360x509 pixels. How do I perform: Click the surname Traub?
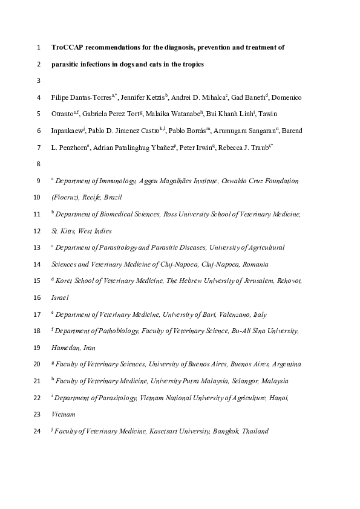coord(257,148)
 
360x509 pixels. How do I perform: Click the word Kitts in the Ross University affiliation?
coord(71,231)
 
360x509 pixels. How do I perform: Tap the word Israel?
coord(60,297)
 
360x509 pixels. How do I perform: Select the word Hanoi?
coord(278,398)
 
